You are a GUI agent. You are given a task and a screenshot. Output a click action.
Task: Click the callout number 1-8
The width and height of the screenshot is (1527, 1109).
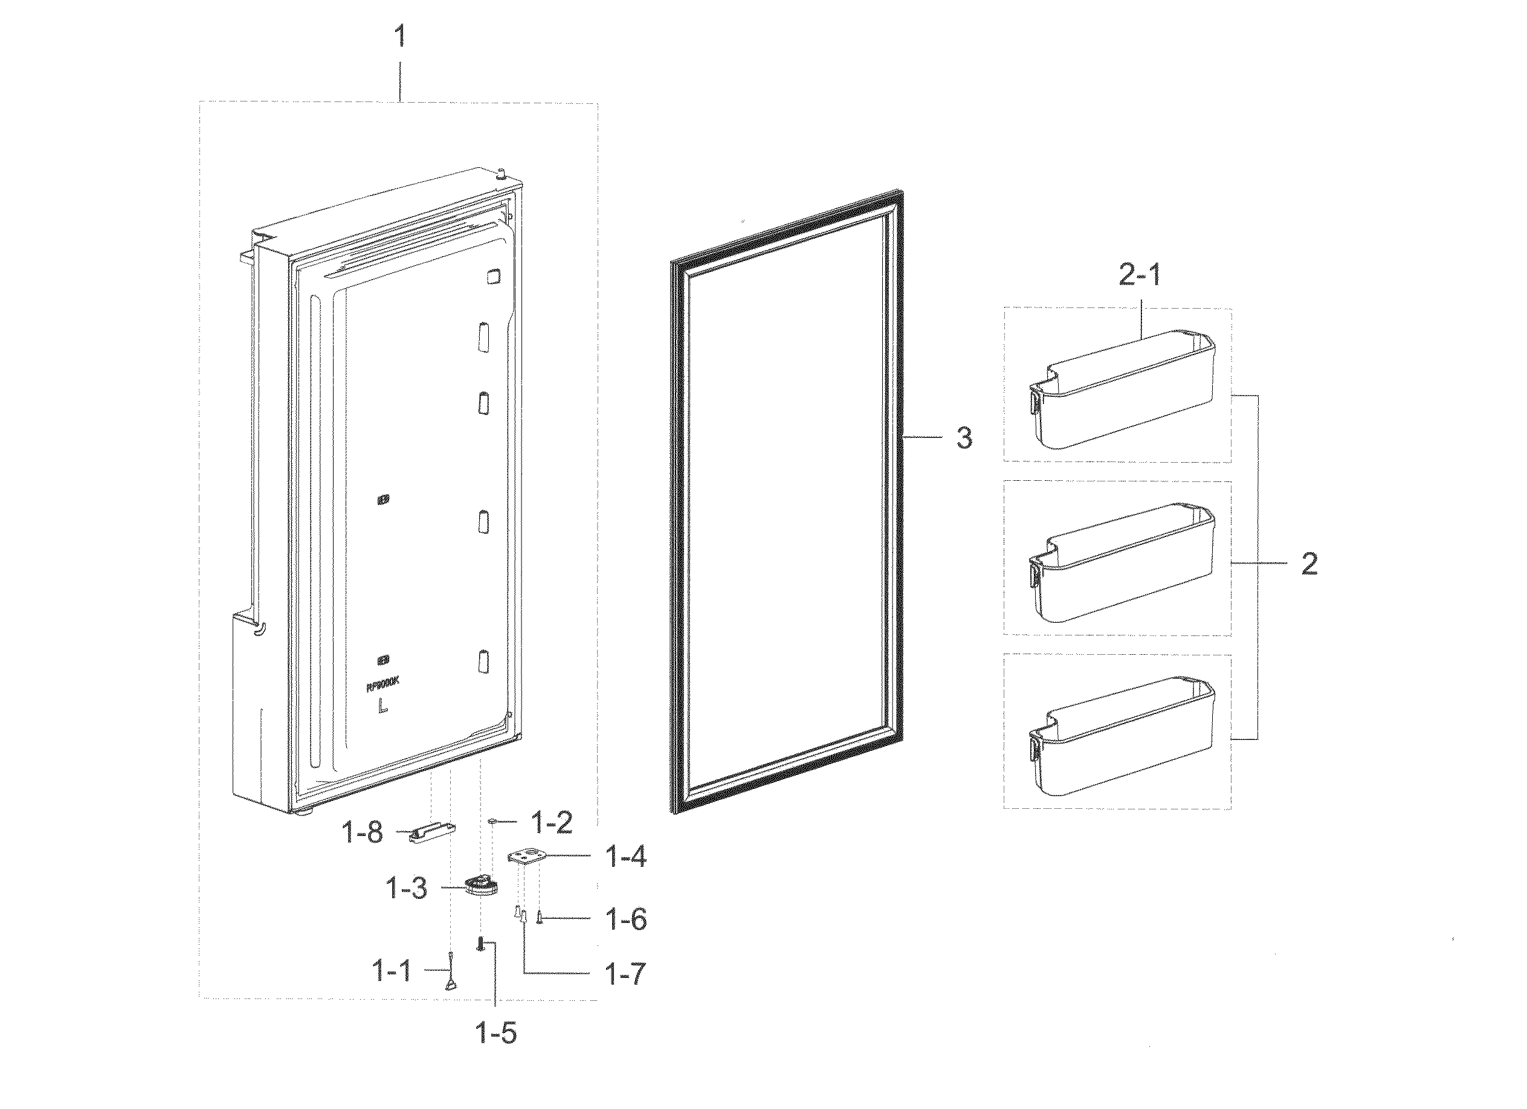[x=364, y=833]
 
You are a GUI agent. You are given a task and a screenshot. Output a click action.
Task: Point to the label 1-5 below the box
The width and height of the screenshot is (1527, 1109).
[x=496, y=1033]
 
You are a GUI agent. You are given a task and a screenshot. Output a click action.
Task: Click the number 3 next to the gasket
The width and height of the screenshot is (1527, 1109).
[x=964, y=439]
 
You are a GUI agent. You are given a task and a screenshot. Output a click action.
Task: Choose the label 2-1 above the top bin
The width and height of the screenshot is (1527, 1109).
[x=1140, y=275]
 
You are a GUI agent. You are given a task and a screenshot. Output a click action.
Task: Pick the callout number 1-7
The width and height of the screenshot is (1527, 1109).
[x=626, y=973]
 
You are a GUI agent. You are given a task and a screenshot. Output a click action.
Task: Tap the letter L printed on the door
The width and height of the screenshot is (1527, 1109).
[x=383, y=707]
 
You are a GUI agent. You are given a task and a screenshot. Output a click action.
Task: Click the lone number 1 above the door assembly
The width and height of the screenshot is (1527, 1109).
[x=400, y=36]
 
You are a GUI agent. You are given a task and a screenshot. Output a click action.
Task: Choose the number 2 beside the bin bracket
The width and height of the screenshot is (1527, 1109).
[x=1309, y=564]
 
